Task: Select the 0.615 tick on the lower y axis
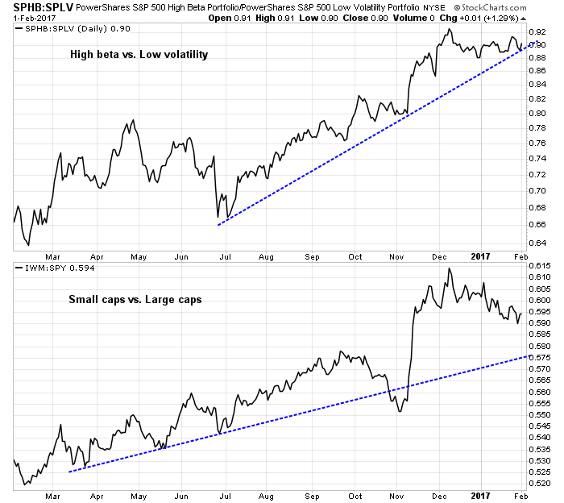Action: pyautogui.click(x=541, y=266)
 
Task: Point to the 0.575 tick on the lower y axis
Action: pyautogui.click(x=541, y=356)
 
